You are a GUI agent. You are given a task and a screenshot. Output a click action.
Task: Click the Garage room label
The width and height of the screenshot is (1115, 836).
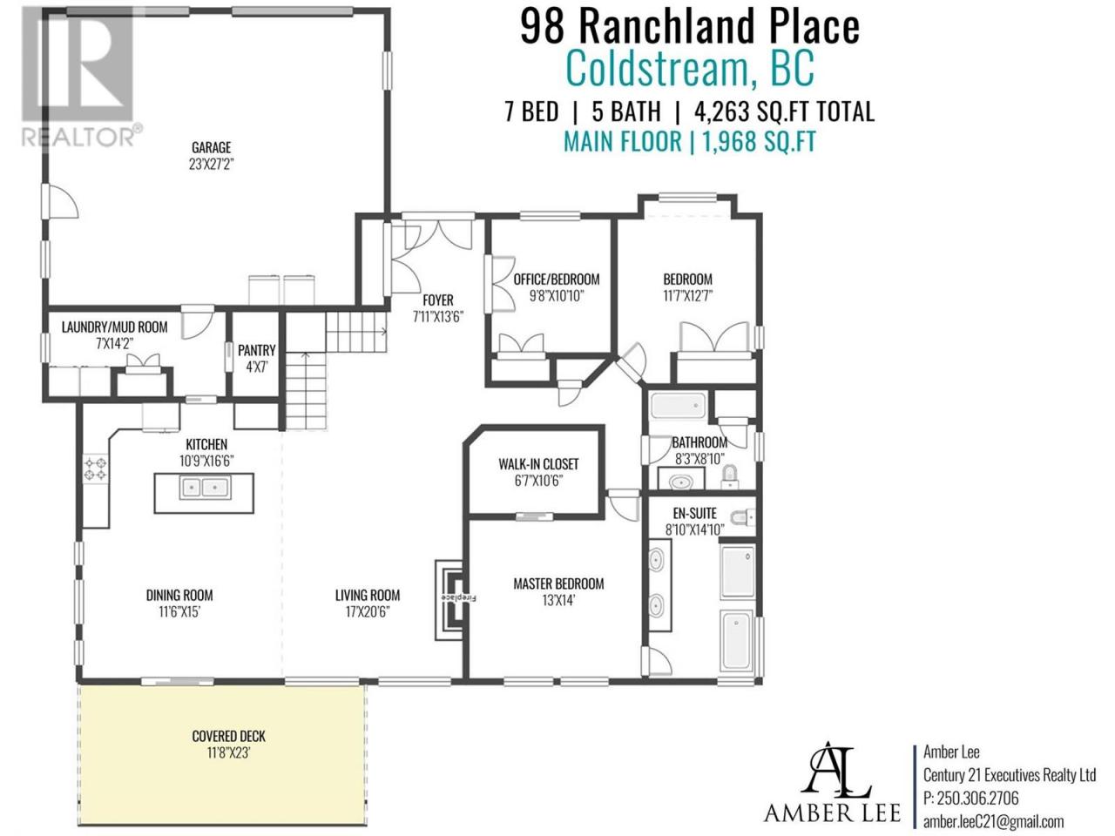point(212,148)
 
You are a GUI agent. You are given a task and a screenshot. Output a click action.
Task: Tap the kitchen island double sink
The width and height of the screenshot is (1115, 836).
point(205,488)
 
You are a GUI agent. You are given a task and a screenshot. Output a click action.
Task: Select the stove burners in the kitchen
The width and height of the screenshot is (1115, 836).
point(96,469)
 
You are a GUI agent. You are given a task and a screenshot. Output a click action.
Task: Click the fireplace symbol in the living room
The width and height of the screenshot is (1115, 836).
point(449,599)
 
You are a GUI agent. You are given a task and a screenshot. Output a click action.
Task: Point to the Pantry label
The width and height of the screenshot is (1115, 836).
point(256,350)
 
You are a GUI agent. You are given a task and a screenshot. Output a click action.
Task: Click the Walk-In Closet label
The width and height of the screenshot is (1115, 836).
point(538,464)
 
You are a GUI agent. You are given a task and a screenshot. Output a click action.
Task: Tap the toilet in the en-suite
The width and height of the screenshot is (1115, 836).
point(742,517)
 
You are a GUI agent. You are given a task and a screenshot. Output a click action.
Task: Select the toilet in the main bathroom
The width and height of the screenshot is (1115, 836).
point(729,476)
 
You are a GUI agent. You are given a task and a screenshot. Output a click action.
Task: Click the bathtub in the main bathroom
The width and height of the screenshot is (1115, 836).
point(678,406)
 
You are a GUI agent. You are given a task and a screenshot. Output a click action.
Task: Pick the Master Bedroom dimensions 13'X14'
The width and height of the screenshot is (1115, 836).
point(558,601)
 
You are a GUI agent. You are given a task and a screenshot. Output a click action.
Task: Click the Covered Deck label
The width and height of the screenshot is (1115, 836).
point(228,736)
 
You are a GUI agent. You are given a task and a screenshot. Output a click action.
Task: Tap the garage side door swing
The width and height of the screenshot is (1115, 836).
point(60,201)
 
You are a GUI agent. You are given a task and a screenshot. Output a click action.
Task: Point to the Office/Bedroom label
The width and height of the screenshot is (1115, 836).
point(557,280)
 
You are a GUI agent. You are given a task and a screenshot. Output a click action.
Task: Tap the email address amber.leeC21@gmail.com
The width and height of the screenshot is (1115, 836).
point(993,821)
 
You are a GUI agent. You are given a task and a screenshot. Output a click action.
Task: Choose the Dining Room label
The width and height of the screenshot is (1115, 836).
point(179,595)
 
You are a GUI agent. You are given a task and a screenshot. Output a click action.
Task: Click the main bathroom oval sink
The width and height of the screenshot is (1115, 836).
point(680,480)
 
